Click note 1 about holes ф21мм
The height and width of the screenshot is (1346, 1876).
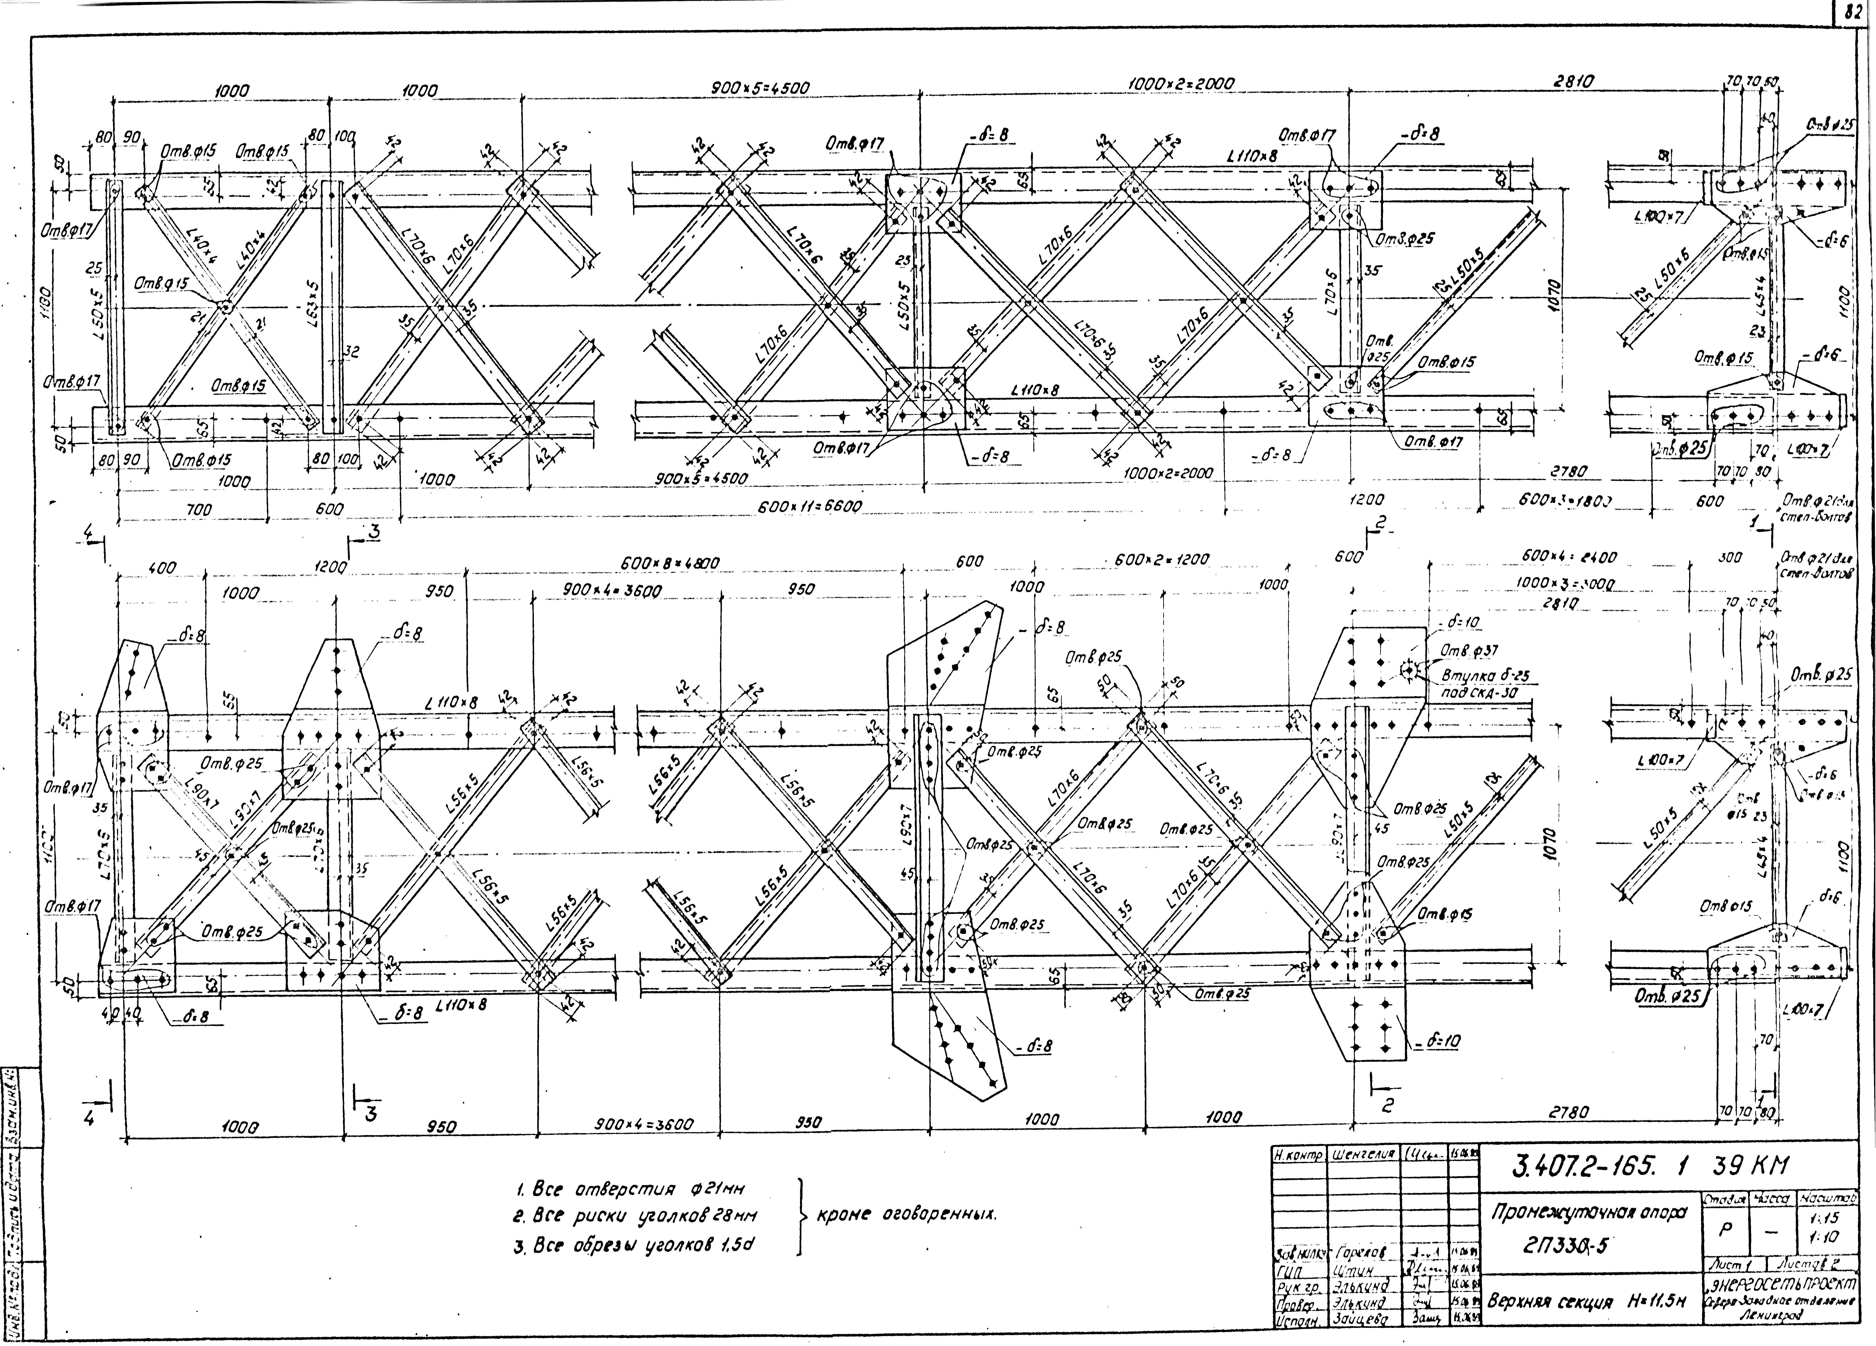click(630, 1190)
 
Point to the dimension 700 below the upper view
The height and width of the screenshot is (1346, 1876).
click(198, 511)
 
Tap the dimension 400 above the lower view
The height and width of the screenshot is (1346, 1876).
click(162, 568)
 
